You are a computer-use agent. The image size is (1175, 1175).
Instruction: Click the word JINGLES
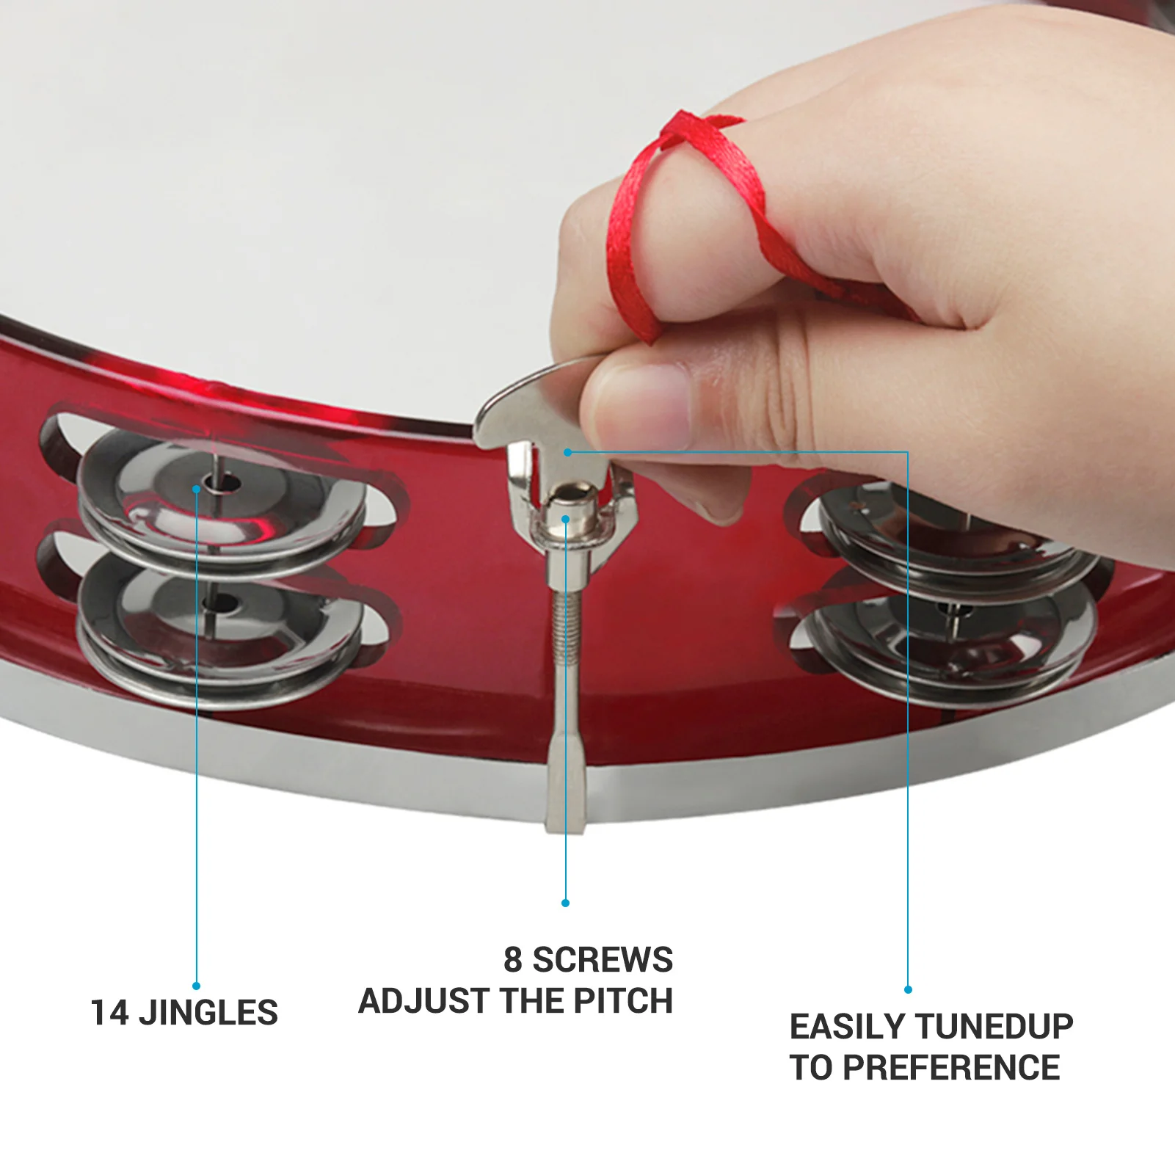(208, 1013)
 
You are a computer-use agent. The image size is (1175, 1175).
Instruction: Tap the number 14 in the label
(110, 1013)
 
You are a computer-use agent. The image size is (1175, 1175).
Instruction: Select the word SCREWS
(602, 960)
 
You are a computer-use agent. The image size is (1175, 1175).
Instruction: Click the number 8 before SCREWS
(512, 960)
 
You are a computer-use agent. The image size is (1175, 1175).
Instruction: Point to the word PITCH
(623, 1001)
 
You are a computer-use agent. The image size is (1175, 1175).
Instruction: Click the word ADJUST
(411, 1001)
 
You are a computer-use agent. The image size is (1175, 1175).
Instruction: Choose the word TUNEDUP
(994, 1026)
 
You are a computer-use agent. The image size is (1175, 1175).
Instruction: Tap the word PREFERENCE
(951, 1067)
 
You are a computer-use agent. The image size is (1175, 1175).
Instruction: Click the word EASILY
(848, 1026)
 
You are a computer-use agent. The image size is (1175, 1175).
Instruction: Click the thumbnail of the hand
(646, 404)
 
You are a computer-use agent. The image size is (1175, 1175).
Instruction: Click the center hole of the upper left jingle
(220, 484)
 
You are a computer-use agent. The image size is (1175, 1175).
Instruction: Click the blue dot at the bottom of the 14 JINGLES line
(196, 986)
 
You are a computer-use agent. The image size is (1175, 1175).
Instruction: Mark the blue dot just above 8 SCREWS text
(565, 903)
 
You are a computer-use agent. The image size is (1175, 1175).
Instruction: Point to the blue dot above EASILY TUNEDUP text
(908, 989)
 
